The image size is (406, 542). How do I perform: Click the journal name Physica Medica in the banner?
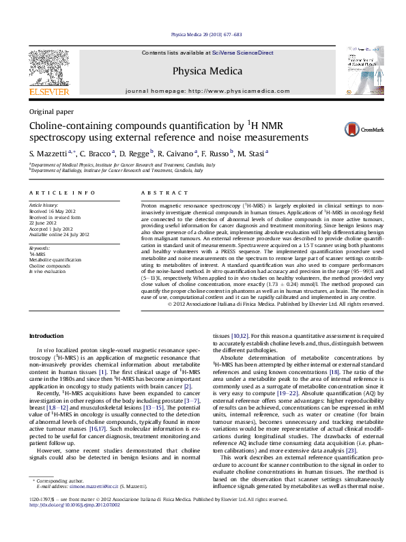pos(203,70)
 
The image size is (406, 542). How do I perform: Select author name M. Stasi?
pos(252,153)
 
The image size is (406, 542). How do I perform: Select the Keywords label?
pos(40,248)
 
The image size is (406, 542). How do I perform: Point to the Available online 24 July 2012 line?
pos(59,234)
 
